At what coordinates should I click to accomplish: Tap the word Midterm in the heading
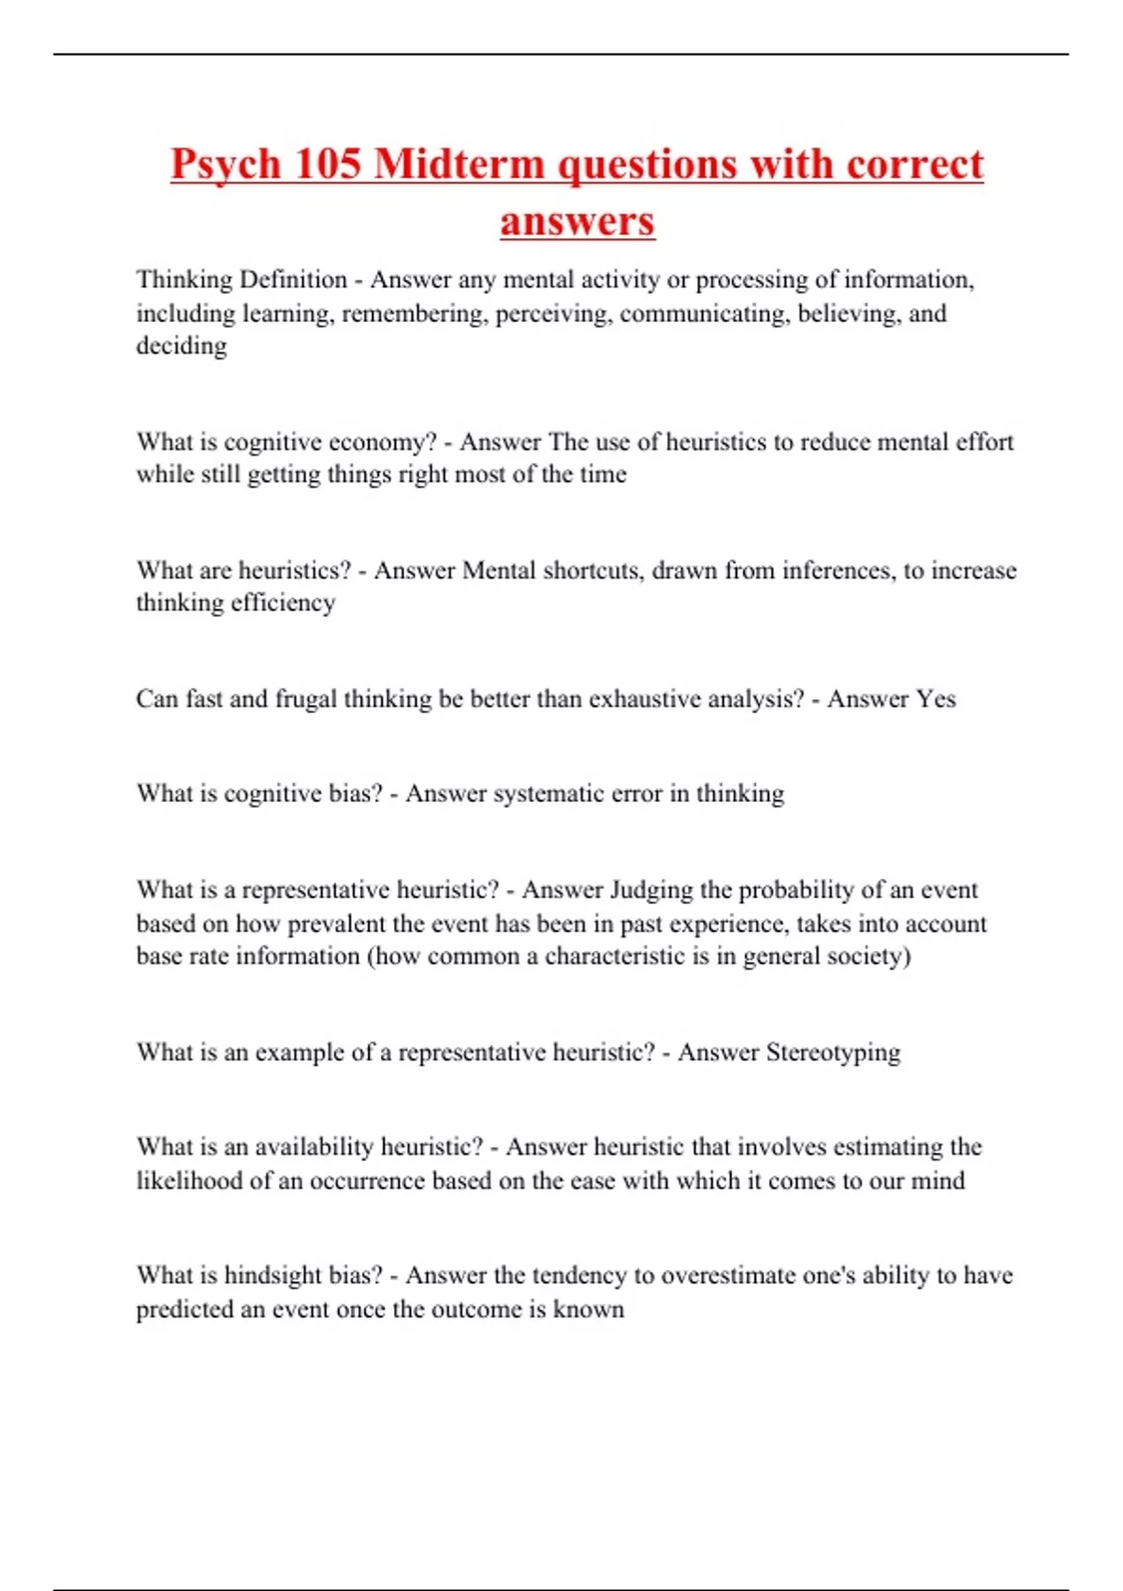click(x=459, y=164)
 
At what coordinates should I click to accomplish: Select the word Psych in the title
click(x=226, y=166)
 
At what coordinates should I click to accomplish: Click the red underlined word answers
click(x=577, y=222)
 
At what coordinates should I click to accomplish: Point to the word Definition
click(x=293, y=279)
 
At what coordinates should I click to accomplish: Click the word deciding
click(x=182, y=346)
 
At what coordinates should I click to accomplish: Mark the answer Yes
click(x=936, y=699)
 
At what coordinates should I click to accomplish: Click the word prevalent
click(x=337, y=924)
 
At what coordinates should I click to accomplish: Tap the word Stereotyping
click(x=833, y=1052)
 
